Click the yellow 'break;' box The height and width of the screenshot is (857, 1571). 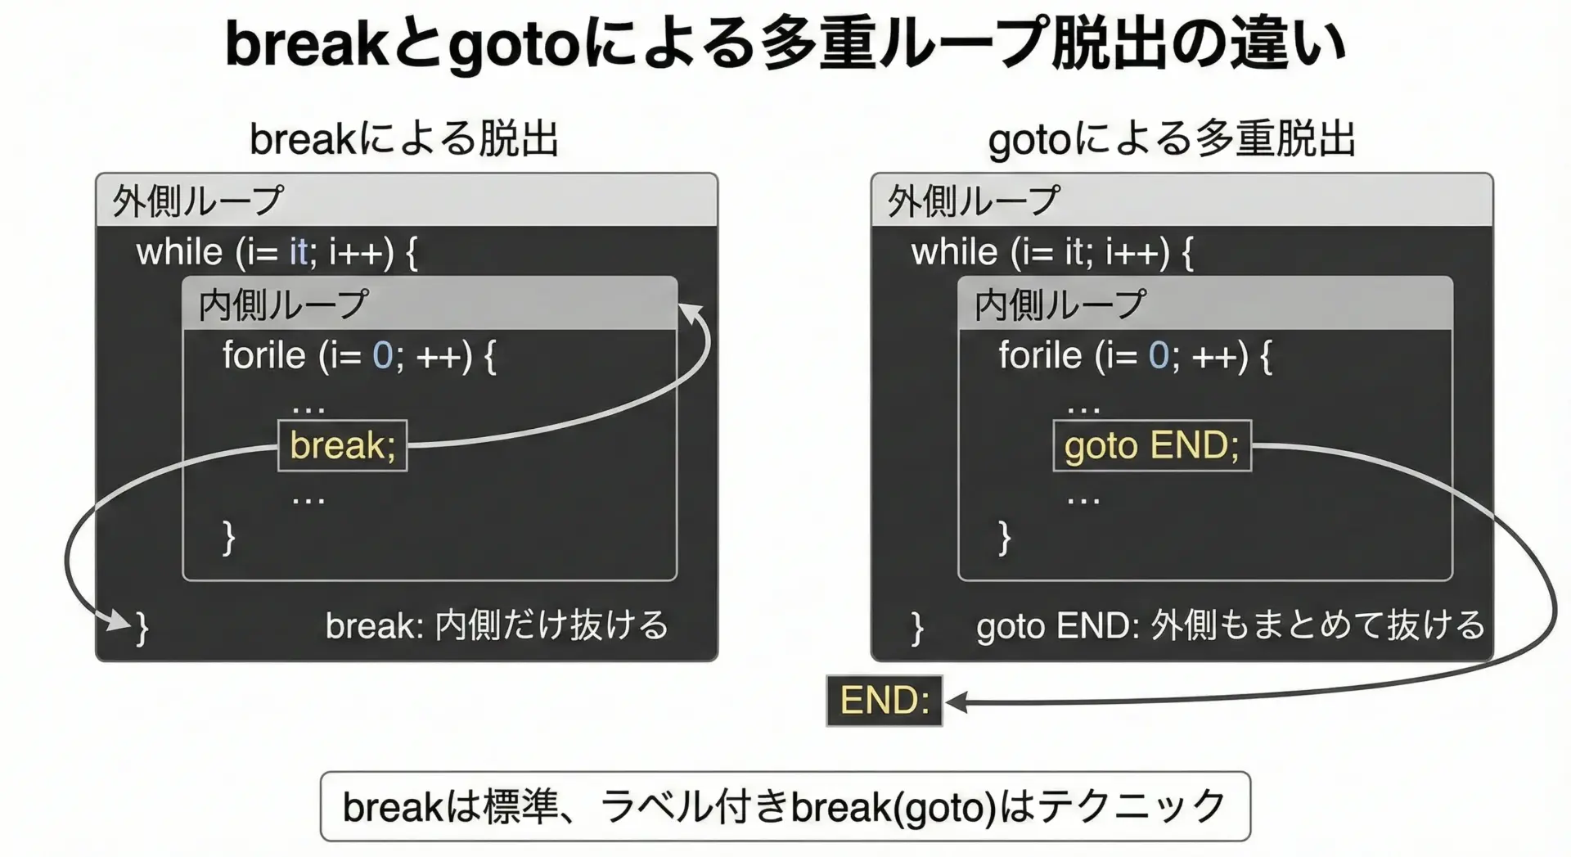(x=342, y=445)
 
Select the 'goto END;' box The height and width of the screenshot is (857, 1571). (x=1152, y=445)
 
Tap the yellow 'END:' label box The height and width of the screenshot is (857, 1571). (x=885, y=701)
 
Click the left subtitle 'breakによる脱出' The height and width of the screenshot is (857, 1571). (x=404, y=138)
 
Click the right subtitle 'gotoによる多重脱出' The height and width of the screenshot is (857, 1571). (x=1172, y=138)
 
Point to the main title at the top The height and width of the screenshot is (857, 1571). (x=785, y=44)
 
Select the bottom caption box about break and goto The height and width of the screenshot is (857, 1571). (x=785, y=806)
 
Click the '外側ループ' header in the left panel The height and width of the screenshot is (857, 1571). (x=198, y=201)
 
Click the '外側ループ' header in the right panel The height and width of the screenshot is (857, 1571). (x=974, y=201)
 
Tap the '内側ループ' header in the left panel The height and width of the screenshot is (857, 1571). (x=283, y=304)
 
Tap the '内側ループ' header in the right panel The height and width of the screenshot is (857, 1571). (x=1060, y=304)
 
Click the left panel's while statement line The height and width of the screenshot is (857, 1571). (x=277, y=252)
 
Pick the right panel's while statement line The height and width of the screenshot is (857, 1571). (x=1052, y=252)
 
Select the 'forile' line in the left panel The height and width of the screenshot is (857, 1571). (x=359, y=356)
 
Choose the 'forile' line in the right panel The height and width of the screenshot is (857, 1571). (x=1136, y=356)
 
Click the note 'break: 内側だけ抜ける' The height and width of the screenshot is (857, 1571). (x=497, y=625)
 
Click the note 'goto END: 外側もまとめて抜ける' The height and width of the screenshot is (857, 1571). (x=1231, y=625)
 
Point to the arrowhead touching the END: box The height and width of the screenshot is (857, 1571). (x=957, y=701)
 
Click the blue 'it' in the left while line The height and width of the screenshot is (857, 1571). (x=298, y=252)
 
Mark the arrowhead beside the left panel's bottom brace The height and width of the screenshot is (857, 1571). (x=121, y=622)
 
